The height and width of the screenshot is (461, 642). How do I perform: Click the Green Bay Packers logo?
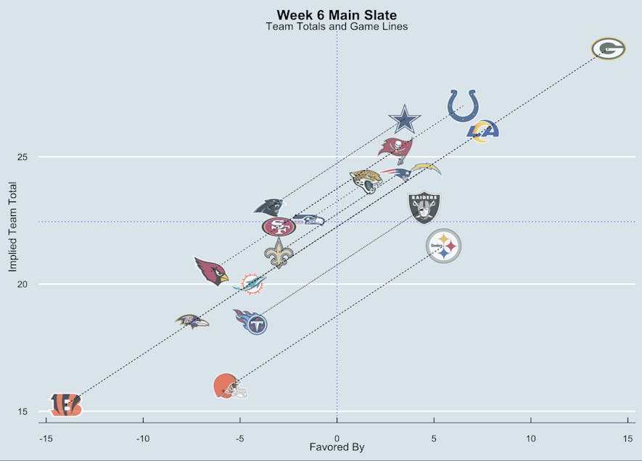(x=608, y=49)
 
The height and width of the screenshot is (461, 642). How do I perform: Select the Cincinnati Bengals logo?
(x=66, y=404)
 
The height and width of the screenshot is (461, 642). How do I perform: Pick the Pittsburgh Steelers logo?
(x=443, y=246)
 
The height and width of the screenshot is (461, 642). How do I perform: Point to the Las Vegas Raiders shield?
(x=424, y=207)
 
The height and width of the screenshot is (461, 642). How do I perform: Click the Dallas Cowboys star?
(x=405, y=120)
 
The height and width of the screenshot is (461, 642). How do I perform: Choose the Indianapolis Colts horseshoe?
(x=464, y=105)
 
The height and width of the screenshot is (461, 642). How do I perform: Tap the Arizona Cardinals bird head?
(x=211, y=271)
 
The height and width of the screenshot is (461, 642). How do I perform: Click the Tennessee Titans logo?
(x=251, y=320)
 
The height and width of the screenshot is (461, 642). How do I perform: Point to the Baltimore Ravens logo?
(x=192, y=320)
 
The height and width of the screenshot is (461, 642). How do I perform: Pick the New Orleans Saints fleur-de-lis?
(x=279, y=253)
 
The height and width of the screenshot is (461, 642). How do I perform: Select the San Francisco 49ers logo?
(x=279, y=227)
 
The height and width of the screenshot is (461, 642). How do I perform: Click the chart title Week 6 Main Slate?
(x=337, y=14)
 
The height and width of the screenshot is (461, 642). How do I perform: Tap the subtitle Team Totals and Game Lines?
(x=337, y=27)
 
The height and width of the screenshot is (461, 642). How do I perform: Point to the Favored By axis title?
(x=337, y=447)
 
